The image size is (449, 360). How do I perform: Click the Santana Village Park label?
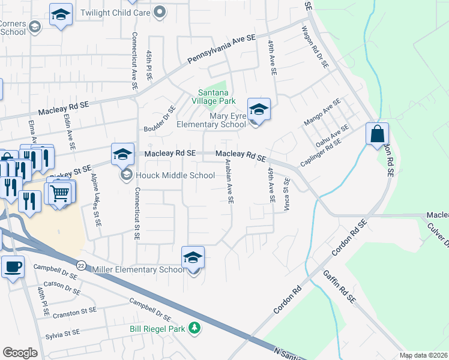tap(214, 97)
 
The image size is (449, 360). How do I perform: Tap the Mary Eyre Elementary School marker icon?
tap(259, 109)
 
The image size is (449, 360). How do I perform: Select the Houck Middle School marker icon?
tap(122, 155)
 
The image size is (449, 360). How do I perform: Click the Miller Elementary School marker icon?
tap(193, 257)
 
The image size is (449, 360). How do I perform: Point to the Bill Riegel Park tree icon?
tap(194, 328)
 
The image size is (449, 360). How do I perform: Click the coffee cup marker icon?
tap(13, 266)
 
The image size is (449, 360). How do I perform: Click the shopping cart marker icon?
tap(61, 193)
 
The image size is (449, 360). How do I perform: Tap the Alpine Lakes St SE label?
tap(95, 200)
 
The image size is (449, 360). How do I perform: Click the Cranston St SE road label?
tap(74, 312)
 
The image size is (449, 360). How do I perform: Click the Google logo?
tap(20, 353)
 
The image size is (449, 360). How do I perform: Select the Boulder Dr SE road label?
tap(159, 119)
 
